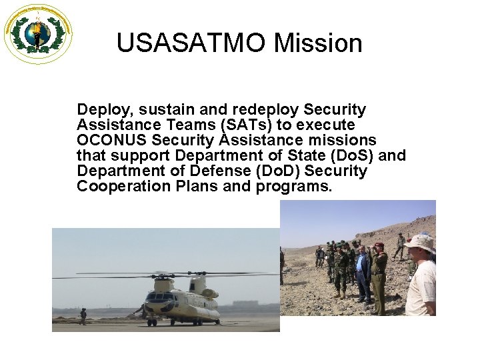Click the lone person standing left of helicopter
point(83,316)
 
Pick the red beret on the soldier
point(379,246)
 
